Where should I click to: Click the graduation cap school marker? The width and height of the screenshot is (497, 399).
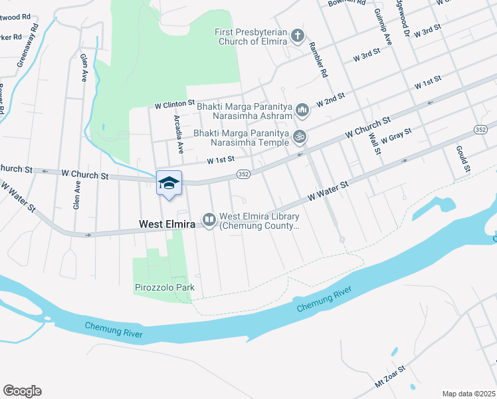[169, 182]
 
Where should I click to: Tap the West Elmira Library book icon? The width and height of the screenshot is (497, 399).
[209, 219]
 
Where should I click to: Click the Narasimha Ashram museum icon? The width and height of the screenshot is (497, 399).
[302, 108]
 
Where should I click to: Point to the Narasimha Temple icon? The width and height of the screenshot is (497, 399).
[300, 136]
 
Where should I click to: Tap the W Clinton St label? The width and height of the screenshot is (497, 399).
[174, 104]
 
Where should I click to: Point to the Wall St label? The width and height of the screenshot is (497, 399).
[374, 142]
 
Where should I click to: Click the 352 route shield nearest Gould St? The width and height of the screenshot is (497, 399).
[480, 129]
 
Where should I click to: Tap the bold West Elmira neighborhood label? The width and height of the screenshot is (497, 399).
[167, 225]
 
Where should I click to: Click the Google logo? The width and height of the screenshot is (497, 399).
[22, 391]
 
